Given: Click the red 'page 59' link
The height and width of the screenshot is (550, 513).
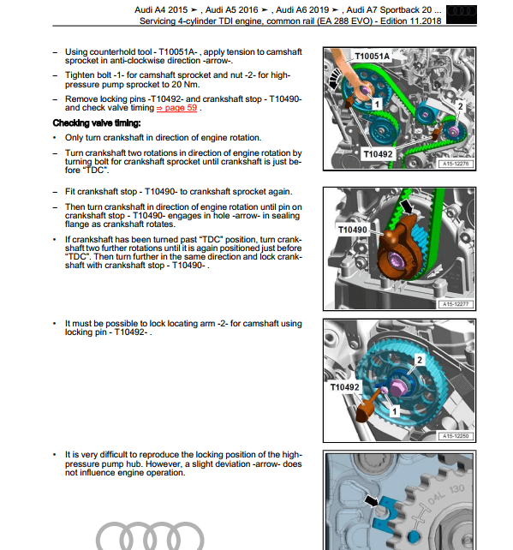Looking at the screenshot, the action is click(x=176, y=108).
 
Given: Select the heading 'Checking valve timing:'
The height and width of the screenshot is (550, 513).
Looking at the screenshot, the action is click(x=97, y=123).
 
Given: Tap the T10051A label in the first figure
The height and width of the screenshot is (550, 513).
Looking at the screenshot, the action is click(x=372, y=57).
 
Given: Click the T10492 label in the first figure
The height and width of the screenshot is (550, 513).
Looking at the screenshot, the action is click(x=378, y=154).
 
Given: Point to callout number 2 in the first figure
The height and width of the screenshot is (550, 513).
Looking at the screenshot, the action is click(x=461, y=106).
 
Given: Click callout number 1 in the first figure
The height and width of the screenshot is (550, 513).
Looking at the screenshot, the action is click(x=377, y=105).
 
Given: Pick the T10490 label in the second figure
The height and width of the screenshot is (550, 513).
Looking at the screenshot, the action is click(x=352, y=230).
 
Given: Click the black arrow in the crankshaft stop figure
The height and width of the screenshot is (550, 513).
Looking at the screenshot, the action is click(x=407, y=206).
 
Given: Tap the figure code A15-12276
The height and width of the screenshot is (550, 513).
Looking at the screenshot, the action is click(x=456, y=164).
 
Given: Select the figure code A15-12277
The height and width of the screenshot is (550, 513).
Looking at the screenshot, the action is click(x=456, y=304).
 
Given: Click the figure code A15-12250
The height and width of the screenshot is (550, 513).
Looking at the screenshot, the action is click(x=456, y=436).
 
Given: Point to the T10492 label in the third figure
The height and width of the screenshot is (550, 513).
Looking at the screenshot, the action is click(x=344, y=387).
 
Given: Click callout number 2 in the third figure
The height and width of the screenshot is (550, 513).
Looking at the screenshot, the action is click(x=420, y=360).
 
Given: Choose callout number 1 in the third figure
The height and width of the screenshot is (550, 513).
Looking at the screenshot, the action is click(x=395, y=411).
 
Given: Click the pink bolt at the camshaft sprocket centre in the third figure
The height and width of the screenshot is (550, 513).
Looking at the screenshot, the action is click(x=397, y=386).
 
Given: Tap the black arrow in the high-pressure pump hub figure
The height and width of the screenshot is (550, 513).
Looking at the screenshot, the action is click(x=372, y=500).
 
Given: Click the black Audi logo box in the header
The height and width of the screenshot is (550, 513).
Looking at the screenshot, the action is click(x=462, y=15).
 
